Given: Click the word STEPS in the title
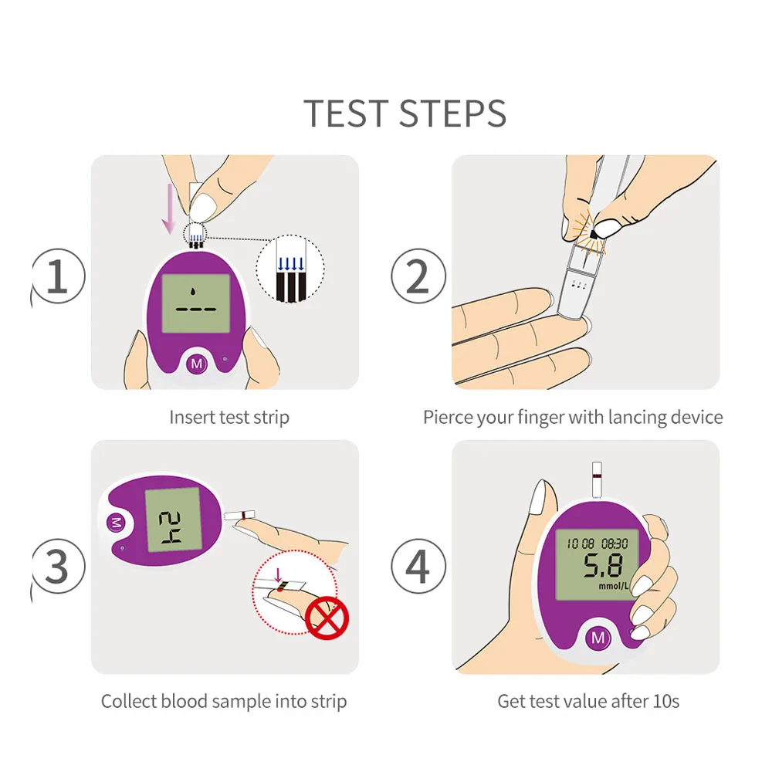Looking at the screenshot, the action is click(452, 113).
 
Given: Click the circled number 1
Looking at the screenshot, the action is click(58, 276).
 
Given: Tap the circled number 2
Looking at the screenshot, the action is click(418, 276).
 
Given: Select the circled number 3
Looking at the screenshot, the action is click(58, 566).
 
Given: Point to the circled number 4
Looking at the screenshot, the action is click(418, 566).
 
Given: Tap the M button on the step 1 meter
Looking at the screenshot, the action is click(196, 364).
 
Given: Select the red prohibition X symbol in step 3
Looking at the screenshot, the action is click(327, 618).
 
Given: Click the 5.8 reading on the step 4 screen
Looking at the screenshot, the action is click(603, 566).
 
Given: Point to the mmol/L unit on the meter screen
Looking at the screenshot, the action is click(614, 586).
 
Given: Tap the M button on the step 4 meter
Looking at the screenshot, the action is click(598, 638).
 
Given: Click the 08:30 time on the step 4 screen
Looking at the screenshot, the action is click(615, 543).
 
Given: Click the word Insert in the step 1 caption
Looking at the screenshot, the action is click(192, 417).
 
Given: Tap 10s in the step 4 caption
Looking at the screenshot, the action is click(667, 701).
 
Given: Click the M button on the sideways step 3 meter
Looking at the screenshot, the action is click(117, 523).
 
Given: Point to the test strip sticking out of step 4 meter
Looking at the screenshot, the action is click(597, 480).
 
